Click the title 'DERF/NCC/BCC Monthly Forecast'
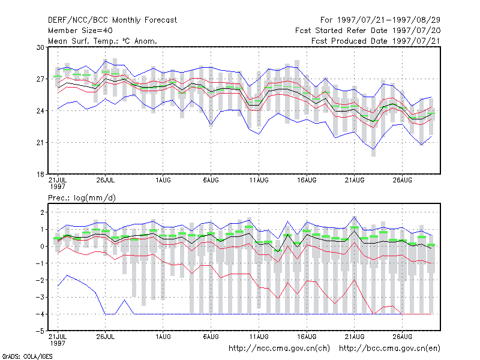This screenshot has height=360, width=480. point(112,20)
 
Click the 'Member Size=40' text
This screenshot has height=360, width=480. point(80,31)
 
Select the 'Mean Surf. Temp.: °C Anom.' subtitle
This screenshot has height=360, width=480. point(103,41)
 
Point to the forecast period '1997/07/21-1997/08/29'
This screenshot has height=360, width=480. point(389,20)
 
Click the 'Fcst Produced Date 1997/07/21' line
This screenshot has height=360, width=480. point(376,41)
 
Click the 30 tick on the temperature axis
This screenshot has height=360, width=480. point(40,47)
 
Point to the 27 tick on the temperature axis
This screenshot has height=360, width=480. point(40,79)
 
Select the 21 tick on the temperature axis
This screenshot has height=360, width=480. point(40,143)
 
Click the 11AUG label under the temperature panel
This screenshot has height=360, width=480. point(259,180)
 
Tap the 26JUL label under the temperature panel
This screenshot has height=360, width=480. point(106,180)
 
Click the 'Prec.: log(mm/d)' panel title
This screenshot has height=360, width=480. point(82,198)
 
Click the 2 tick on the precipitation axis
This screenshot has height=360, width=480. point(42,212)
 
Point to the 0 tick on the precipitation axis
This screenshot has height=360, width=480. point(42,247)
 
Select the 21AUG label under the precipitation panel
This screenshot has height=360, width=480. point(355,337)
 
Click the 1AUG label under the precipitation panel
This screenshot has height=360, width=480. point(163,337)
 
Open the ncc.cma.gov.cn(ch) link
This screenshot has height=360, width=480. point(279,349)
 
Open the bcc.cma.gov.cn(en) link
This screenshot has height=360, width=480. point(389,349)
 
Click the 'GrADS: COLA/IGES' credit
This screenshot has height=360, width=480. point(27,356)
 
